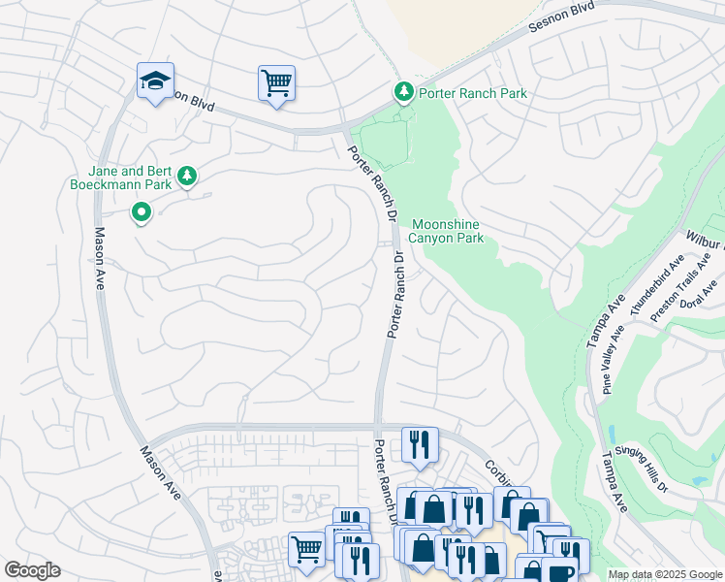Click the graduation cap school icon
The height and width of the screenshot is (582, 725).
pos(155,81)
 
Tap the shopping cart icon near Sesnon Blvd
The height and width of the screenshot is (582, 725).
pos(276,83)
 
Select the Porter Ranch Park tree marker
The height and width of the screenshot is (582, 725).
pos(404,91)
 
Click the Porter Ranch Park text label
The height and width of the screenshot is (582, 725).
pos(473,93)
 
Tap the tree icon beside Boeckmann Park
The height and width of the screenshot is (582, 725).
pos(187,176)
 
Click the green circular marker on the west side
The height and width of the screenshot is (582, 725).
pos(142,210)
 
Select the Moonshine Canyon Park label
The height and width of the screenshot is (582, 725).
pos(446,231)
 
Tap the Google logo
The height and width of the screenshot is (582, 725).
pos(32,570)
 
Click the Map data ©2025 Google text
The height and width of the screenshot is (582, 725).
pos(665,574)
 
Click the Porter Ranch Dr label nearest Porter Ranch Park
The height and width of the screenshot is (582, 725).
pos(364,167)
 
